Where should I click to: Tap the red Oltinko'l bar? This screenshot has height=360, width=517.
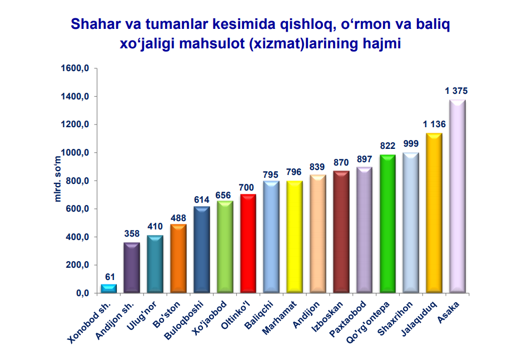[x=247, y=243]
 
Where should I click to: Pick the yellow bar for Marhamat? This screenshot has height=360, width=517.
[x=294, y=236]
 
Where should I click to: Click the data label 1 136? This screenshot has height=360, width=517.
[x=434, y=124]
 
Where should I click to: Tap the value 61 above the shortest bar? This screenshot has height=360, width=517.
[x=109, y=276]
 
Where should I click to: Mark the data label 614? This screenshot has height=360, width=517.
[x=201, y=198]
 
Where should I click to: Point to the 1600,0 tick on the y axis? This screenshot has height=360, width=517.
[x=78, y=68]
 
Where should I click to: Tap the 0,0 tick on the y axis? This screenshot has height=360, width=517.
[x=83, y=293]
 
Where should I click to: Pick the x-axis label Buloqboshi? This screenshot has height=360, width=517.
[x=185, y=319]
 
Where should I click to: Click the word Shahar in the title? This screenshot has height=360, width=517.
[x=93, y=24]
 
